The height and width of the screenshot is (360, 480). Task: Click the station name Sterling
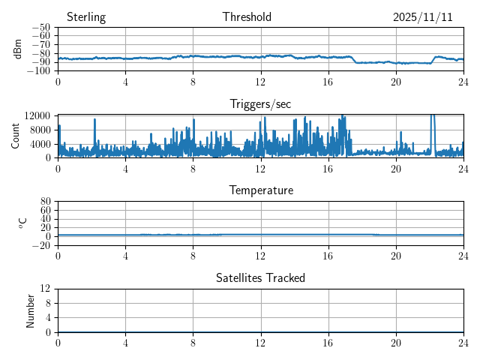tap(86, 17)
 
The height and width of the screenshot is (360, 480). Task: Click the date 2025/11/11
tap(423, 17)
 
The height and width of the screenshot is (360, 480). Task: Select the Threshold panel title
tap(247, 17)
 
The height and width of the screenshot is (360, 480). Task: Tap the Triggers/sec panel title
tap(260, 104)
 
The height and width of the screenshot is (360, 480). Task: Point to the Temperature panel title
tap(260, 190)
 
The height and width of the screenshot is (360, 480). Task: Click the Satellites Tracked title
tap(260, 277)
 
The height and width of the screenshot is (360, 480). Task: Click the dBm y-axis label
tap(18, 49)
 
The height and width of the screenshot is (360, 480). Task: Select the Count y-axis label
tap(15, 136)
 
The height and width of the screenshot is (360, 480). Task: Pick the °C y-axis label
tap(22, 223)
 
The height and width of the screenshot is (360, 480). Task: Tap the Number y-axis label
tap(31, 310)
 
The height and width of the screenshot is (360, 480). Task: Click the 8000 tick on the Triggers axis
tap(40, 129)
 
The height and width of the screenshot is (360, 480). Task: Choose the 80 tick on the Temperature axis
tap(45, 201)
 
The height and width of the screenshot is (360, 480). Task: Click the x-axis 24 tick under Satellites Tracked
tap(463, 342)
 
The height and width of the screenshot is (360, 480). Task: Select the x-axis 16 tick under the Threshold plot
tap(328, 81)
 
